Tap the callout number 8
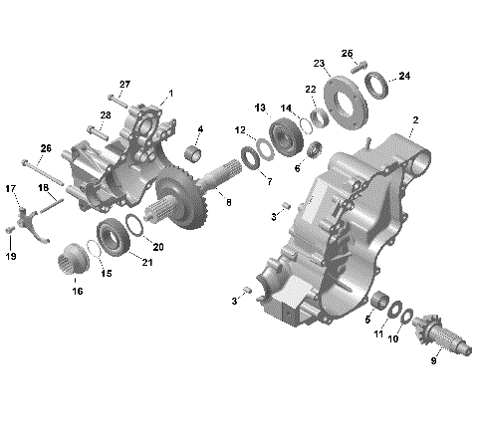tap(228, 202)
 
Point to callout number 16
tap(77, 291)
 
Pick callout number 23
tap(319, 63)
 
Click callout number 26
tap(44, 147)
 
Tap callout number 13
tap(260, 107)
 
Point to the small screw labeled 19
tap(10, 231)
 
